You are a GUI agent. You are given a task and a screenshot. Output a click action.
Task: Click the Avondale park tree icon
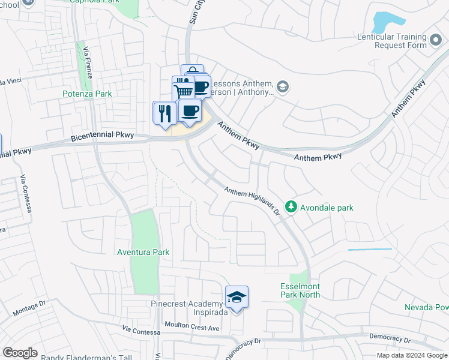coord(291,207)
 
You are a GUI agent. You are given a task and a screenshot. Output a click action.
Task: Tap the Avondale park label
coord(328,208)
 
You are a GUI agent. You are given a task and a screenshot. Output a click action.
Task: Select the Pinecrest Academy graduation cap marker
coord(237,297)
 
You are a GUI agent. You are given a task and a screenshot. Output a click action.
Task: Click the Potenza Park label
coord(87,94)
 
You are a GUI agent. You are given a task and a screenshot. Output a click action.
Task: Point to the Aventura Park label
coord(143,253)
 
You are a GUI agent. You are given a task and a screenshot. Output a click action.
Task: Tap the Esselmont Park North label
coord(300,290)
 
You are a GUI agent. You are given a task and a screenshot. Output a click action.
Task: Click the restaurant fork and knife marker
coord(164,112)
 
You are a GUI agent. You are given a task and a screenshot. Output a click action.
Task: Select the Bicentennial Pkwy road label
coord(102,137)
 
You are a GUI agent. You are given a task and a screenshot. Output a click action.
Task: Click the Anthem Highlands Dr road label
coord(253,200)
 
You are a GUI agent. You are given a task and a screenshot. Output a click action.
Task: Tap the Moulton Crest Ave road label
coord(191,328)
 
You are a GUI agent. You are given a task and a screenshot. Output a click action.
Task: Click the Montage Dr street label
coord(29,308)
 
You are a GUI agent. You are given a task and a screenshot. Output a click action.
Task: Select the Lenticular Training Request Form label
coord(400,41)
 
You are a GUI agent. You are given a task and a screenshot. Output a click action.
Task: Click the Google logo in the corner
coord(20,353)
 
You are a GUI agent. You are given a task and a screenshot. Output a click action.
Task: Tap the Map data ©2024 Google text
coord(412,355)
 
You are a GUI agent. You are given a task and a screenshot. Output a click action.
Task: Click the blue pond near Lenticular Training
coord(384,23)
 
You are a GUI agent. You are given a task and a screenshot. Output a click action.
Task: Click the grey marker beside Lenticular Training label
coord(436,44)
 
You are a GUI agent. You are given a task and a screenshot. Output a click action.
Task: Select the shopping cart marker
coord(184,91)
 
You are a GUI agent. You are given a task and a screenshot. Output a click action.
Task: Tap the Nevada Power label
coord(427,308)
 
